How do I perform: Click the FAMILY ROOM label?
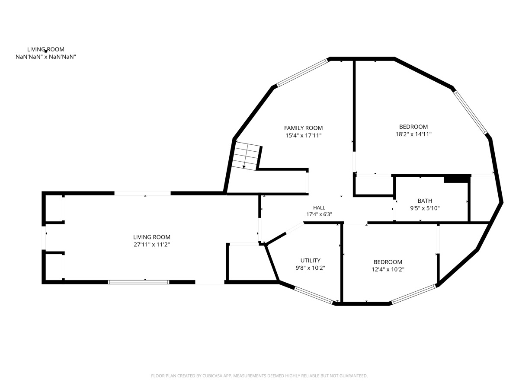pyautogui.click(x=303, y=128)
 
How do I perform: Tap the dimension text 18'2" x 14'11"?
pyautogui.click(x=413, y=134)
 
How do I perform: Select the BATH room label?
pyautogui.click(x=425, y=201)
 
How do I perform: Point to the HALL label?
pyautogui.click(x=319, y=207)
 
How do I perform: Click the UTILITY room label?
pyautogui.click(x=311, y=260)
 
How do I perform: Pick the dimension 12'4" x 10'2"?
pyautogui.click(x=388, y=269)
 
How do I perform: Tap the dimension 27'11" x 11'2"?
pyautogui.click(x=152, y=245)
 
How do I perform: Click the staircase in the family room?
pyautogui.click(x=247, y=156)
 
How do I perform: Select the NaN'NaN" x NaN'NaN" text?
pyautogui.click(x=46, y=57)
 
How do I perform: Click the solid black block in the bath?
pyautogui.click(x=456, y=179)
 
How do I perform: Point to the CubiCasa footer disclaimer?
pyautogui.click(x=259, y=376)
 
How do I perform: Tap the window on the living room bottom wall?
pyautogui.click(x=139, y=282)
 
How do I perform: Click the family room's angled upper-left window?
pyautogui.click(x=302, y=73)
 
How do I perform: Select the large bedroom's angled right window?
pyautogui.click(x=471, y=112)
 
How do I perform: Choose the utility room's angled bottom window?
pyautogui.click(x=314, y=295)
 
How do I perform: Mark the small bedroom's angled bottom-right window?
pyautogui.click(x=414, y=294)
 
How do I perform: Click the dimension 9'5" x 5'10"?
pyautogui.click(x=425, y=208)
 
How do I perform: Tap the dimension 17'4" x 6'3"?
pyautogui.click(x=319, y=214)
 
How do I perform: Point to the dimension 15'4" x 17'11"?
pyautogui.click(x=303, y=136)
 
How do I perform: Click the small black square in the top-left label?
pyautogui.click(x=46, y=51)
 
